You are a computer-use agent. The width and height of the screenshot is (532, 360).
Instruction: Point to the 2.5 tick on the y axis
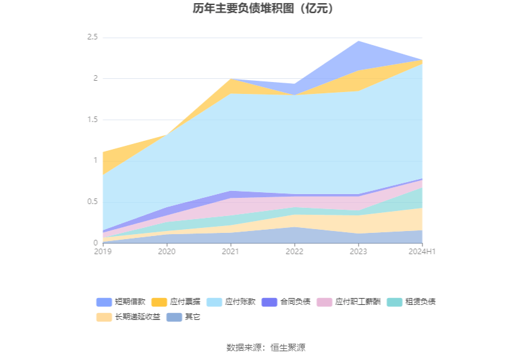click(x=92, y=38)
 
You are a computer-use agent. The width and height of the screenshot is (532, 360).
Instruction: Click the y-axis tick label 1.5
click(x=92, y=120)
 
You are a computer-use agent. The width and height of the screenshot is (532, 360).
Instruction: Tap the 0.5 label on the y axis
click(x=92, y=202)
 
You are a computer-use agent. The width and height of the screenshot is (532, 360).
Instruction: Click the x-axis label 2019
click(x=103, y=251)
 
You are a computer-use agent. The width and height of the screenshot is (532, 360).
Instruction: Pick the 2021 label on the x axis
click(x=230, y=251)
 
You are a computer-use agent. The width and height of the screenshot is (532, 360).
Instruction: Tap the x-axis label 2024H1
click(x=421, y=251)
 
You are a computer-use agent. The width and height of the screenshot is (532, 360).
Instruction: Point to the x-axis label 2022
click(x=294, y=251)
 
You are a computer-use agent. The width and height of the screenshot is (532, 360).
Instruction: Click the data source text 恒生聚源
click(x=288, y=347)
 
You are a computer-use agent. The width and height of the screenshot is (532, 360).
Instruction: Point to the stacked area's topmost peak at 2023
click(x=358, y=41)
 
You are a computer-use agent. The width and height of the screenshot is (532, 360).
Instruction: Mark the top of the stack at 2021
click(x=230, y=79)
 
